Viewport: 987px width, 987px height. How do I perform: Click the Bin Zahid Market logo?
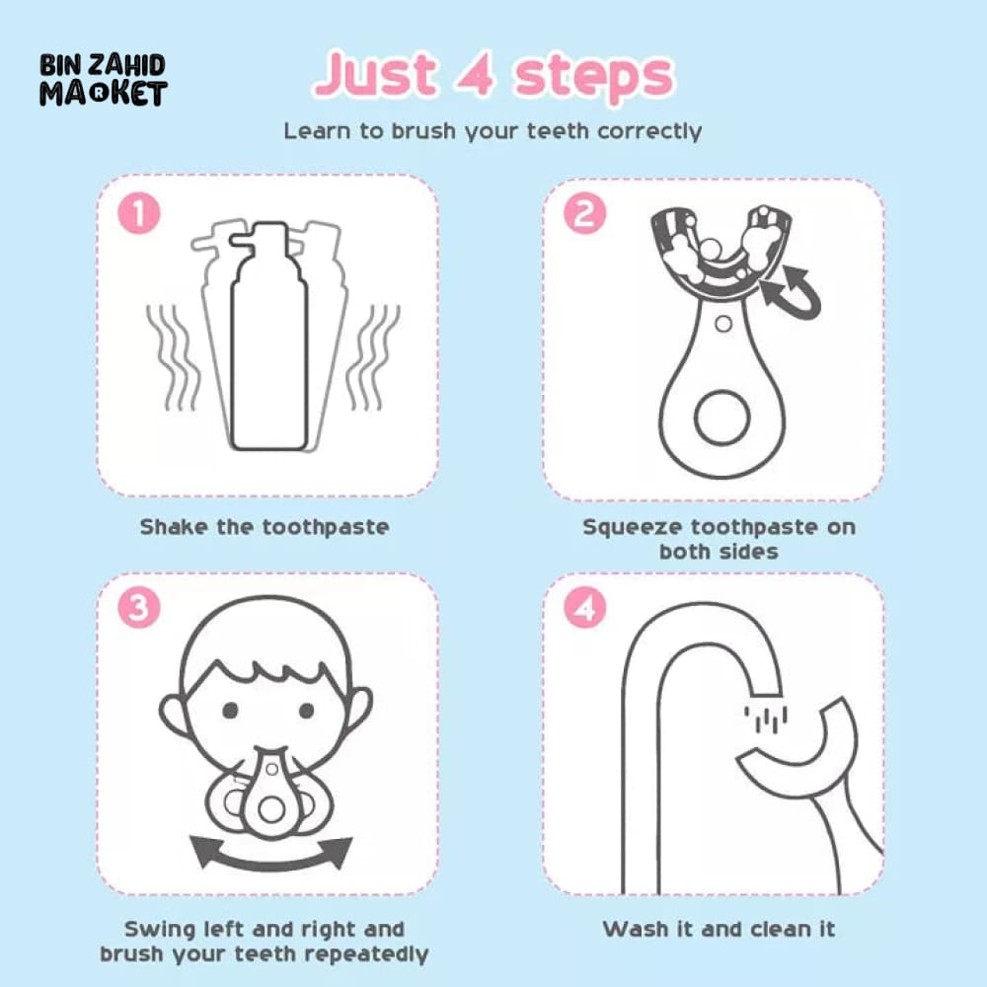104,80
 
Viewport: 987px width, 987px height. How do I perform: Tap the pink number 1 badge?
139,213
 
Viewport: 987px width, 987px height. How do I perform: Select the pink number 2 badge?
584,213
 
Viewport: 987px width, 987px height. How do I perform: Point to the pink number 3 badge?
139,608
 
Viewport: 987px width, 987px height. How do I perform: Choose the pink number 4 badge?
584,608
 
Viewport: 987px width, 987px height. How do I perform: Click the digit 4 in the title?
476,74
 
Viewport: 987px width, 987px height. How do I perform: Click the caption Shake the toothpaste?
265,527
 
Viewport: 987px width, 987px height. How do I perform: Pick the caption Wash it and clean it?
719,929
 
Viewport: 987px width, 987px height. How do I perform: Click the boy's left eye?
230,710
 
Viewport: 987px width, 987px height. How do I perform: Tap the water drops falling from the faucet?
766,719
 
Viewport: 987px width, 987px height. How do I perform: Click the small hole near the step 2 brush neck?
723,324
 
